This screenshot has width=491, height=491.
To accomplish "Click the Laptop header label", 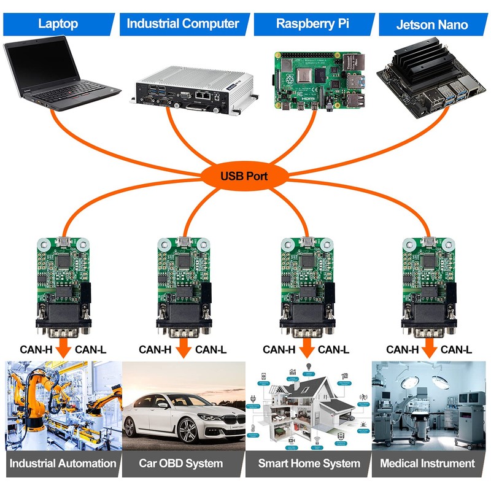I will (58, 24).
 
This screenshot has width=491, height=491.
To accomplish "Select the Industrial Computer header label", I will (182, 24).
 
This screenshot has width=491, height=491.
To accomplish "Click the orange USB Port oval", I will (244, 176).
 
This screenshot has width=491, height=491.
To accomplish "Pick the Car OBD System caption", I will (182, 463).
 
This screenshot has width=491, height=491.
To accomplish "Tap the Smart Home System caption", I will (308, 463).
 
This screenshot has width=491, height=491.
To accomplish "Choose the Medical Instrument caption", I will (427, 463).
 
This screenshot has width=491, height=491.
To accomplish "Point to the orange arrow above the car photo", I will (183, 349).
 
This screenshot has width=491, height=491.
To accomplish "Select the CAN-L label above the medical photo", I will (456, 350).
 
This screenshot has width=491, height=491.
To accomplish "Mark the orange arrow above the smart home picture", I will (307, 349).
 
